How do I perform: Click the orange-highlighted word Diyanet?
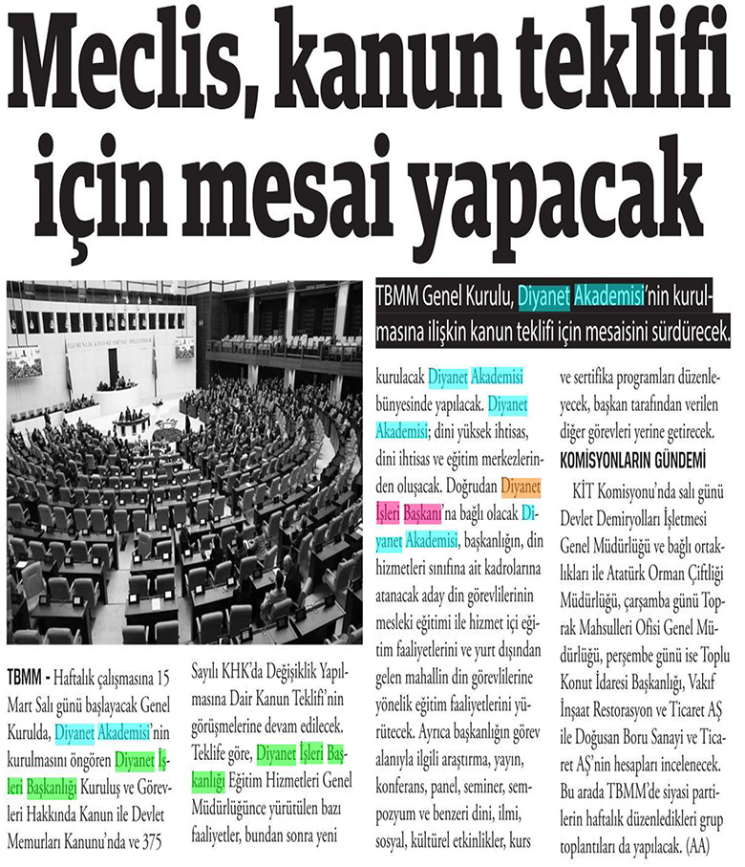521,487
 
